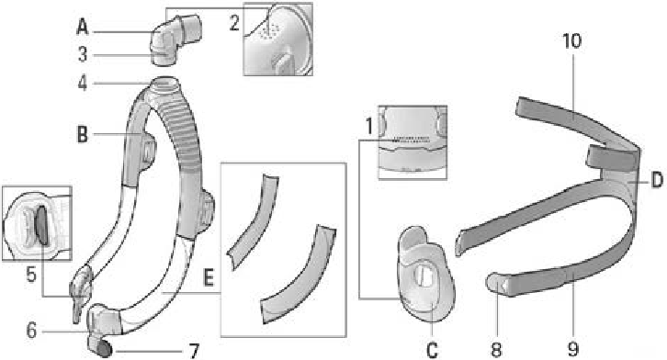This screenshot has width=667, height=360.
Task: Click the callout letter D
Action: [656, 181]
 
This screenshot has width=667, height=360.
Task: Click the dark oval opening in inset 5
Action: [40, 226]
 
